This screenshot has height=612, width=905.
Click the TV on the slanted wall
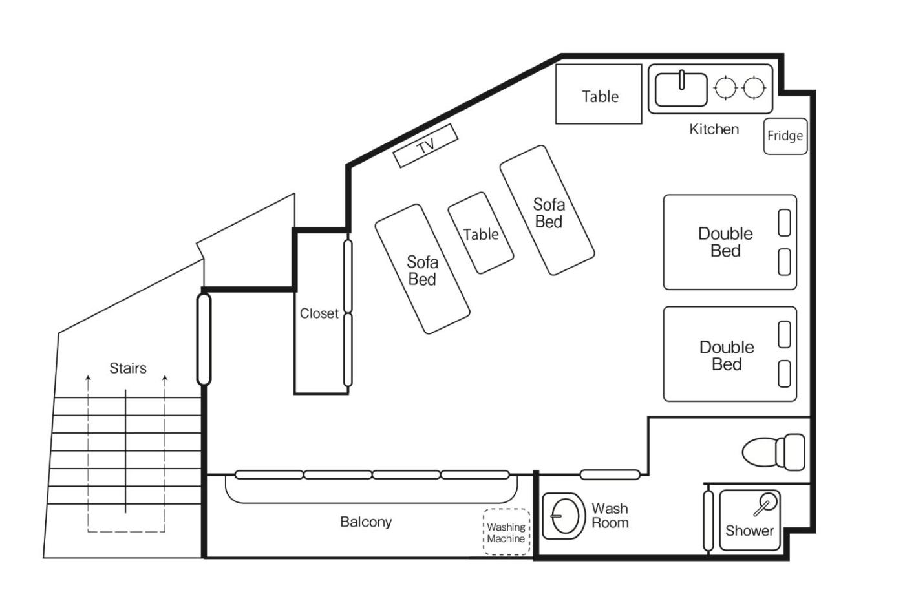pos(425,146)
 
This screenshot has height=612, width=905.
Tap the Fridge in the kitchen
pos(785,136)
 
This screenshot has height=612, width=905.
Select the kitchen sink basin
pos(681,89)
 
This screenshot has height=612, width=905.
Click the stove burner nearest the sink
pos(725,87)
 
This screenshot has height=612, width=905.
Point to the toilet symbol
pos(773,452)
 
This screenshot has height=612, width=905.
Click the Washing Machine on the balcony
pos(506,532)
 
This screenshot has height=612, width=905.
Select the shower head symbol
pos(765,504)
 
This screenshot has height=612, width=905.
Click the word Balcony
pos(366,522)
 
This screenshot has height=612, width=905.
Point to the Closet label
pos(319,313)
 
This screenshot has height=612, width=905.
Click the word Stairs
pos(128,368)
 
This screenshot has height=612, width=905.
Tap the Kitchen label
pos(714,129)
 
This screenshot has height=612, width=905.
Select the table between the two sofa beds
pos(481,233)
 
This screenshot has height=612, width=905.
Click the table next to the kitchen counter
pos(599,94)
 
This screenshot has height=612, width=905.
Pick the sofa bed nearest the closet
pos(422,269)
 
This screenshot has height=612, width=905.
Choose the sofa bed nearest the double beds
pos(547,211)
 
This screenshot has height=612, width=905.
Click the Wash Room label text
pos(610,516)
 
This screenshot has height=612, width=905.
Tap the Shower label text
pos(749,531)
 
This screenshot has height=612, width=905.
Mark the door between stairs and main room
pos(204,339)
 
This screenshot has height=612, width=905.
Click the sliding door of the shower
pos(708,521)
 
